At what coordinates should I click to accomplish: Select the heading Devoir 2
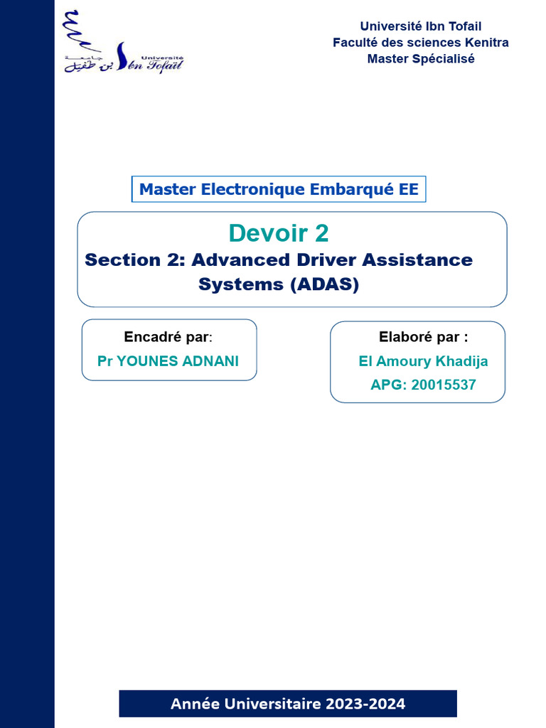coord(279,233)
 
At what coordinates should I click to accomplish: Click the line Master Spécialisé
coord(420,58)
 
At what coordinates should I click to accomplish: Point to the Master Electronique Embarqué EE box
coord(279,190)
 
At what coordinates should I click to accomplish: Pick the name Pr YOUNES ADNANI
coord(168,361)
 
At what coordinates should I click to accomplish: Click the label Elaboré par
coord(423,336)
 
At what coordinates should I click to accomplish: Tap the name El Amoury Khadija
coord(423,361)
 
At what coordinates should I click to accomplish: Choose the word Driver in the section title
coord(321,259)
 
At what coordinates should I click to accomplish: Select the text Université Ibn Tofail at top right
coord(420,27)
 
